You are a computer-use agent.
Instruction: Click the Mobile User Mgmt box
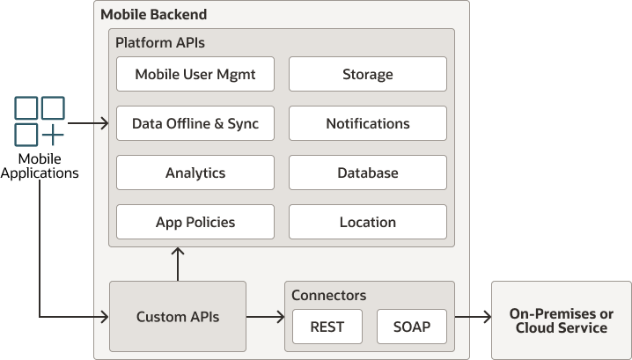195,74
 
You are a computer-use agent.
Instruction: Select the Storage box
367,74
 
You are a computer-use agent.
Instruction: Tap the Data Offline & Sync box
195,123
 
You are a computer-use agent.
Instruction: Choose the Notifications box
367,123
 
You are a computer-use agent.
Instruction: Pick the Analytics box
195,173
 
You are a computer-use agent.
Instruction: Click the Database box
367,173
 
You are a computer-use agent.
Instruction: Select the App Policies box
195,222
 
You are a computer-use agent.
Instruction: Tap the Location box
367,222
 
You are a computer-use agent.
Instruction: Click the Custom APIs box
177,317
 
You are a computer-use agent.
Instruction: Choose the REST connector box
327,327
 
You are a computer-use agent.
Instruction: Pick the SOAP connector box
411,327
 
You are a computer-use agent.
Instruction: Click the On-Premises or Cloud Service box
561,320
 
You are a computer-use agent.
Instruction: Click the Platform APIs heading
159,42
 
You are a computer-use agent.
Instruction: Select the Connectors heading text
328,295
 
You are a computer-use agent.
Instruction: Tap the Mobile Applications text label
40,165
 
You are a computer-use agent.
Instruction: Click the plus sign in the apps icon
53,135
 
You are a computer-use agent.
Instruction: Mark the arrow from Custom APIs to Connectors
265,317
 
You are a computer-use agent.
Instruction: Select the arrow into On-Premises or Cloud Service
472,317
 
